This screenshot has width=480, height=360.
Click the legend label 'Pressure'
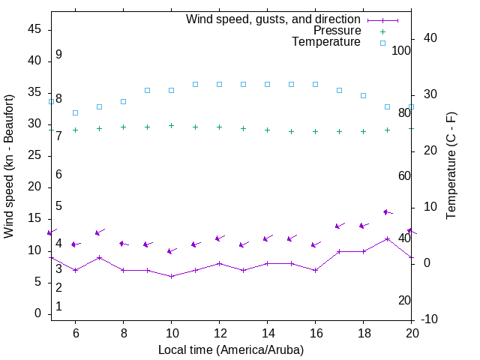coord(337,31)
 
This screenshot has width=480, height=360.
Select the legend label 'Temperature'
coord(326,42)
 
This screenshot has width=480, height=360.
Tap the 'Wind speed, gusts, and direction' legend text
coord(274,19)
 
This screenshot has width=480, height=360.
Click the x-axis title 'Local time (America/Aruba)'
coord(231,350)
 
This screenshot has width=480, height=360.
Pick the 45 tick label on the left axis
coord(34,29)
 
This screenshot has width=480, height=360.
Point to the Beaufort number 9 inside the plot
coord(58,55)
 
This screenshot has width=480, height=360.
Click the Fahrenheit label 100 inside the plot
coord(402,50)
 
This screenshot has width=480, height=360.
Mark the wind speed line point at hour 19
coord(387,238)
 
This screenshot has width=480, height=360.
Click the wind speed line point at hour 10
coord(171,276)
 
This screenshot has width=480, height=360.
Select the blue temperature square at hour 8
coord(123,101)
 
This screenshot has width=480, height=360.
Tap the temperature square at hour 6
coord(75,112)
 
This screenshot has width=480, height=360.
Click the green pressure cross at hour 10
coord(171,125)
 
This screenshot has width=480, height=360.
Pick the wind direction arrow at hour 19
coord(387,212)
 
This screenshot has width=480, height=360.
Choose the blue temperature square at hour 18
coord(363,95)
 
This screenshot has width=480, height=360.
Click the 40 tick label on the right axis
coord(421,38)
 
